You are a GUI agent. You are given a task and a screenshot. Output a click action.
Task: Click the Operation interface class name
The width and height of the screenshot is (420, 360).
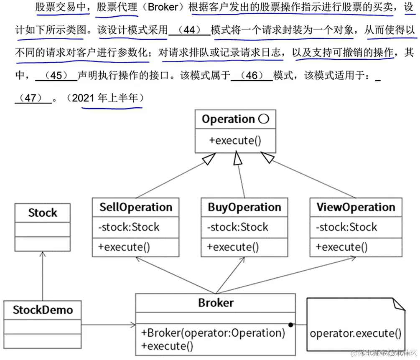[228, 119]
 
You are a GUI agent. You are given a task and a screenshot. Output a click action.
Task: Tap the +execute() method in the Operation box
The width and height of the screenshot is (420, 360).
[235, 140]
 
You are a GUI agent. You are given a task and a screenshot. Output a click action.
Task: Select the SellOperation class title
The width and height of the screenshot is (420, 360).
[135, 208]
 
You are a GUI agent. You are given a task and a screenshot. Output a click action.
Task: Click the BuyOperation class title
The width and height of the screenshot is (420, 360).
[244, 208]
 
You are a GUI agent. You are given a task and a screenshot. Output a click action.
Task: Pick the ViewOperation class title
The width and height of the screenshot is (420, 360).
[356, 208]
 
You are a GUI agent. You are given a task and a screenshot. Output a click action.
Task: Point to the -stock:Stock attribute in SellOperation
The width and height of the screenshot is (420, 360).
[129, 227]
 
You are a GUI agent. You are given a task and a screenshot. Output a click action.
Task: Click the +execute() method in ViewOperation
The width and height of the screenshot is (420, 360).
[341, 247]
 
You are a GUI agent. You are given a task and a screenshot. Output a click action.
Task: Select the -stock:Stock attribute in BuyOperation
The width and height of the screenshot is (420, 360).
[237, 227]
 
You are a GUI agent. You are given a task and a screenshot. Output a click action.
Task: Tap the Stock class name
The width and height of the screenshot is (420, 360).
[43, 213]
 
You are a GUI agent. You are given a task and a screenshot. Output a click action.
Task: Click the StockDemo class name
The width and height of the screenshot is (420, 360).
[43, 310]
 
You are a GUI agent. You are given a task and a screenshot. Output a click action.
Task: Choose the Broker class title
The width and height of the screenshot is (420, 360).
[216, 302]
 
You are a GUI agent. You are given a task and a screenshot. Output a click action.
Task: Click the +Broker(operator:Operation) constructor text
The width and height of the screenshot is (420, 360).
[213, 333]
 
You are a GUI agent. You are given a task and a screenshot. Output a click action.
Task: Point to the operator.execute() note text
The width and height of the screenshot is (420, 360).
[356, 333]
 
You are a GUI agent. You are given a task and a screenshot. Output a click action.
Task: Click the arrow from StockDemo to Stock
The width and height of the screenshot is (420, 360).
[43, 276]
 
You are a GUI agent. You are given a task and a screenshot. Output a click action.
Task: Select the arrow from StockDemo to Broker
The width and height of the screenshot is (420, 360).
[109, 325]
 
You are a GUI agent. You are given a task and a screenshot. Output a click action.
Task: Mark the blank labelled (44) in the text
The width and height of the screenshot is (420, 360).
[189, 30]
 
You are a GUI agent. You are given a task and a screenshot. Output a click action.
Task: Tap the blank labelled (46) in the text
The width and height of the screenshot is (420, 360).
[252, 76]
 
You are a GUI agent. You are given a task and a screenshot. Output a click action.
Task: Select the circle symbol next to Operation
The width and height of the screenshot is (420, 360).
[264, 119]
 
